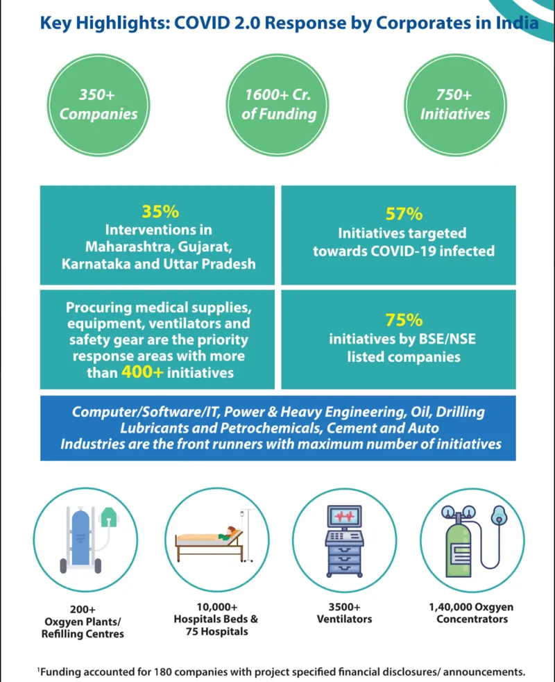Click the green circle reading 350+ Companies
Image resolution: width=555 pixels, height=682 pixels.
pyautogui.click(x=99, y=105)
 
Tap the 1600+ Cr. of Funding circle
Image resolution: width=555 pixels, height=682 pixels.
pyautogui.click(x=277, y=105)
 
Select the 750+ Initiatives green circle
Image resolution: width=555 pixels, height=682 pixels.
pyautogui.click(x=455, y=105)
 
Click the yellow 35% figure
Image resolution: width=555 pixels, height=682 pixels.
pyautogui.click(x=160, y=211)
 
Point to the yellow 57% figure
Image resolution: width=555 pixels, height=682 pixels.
pyautogui.click(x=404, y=214)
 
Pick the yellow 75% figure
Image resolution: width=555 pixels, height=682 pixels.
pyautogui.click(x=404, y=320)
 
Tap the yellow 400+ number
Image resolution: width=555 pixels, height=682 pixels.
pyautogui.click(x=142, y=372)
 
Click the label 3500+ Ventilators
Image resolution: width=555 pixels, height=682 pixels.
pyautogui.click(x=344, y=613)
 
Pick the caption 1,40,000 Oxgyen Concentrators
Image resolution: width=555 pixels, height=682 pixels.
pyautogui.click(x=472, y=613)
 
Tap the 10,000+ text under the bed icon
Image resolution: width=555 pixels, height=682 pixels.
pyautogui.click(x=217, y=607)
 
